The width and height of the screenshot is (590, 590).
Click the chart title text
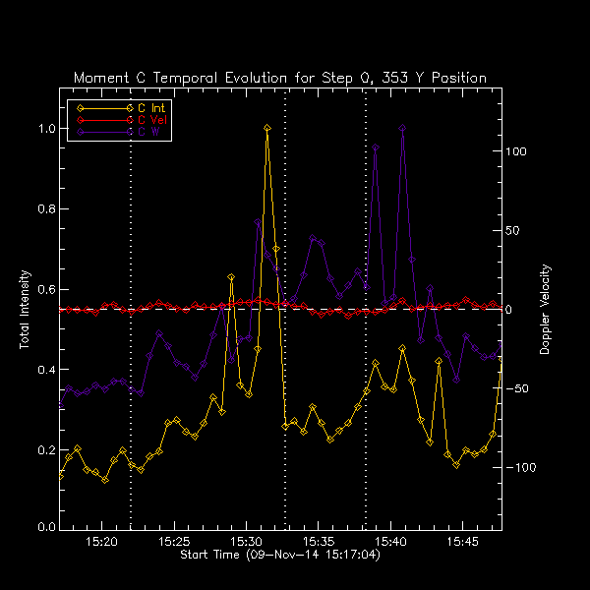pos(280,78)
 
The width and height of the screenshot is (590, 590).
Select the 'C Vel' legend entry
pos(152,119)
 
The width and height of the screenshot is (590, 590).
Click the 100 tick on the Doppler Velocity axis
pos(517,152)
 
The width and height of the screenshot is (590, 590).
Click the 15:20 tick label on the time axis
pos(102,542)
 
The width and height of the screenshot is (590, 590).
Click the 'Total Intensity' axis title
pos(24,309)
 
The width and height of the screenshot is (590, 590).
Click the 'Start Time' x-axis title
pos(280,556)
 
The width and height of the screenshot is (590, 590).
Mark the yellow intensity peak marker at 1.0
pos(266,128)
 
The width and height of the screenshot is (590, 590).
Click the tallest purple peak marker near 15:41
pos(402,128)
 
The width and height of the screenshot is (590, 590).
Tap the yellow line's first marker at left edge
pos(61,474)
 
